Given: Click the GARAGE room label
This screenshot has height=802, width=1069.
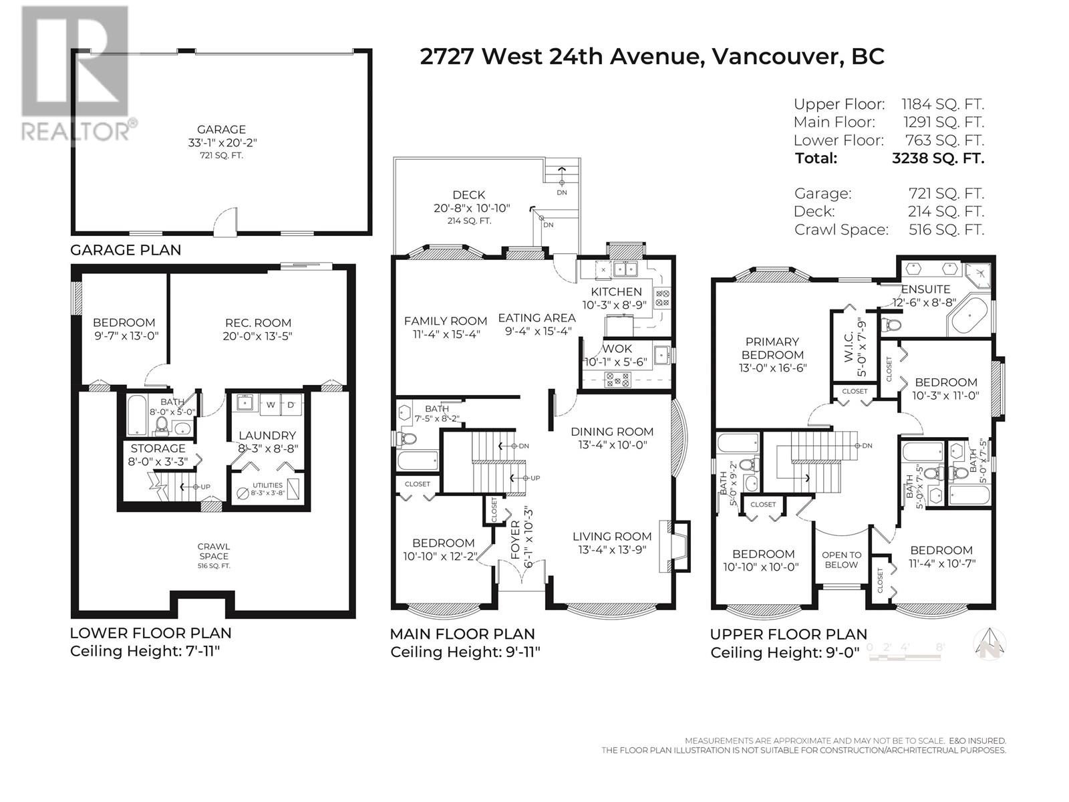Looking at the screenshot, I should point(221,130).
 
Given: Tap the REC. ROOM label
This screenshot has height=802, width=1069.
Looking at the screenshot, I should point(258,323).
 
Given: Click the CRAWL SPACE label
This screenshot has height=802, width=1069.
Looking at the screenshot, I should point(213,551).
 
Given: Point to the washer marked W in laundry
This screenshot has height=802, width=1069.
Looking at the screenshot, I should point(271,405).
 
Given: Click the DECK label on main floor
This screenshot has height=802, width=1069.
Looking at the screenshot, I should point(468,195).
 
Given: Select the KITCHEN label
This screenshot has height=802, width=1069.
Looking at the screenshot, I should point(616,291).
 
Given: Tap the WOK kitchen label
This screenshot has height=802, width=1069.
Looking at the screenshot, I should point(617,349).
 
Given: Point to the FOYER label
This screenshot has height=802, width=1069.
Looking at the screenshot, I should point(514,539).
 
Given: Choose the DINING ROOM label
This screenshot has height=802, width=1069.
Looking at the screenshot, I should point(611,432).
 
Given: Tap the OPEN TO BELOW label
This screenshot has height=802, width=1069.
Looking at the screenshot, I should point(841,559).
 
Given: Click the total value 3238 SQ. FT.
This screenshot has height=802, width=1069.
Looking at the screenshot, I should point(938,158).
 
